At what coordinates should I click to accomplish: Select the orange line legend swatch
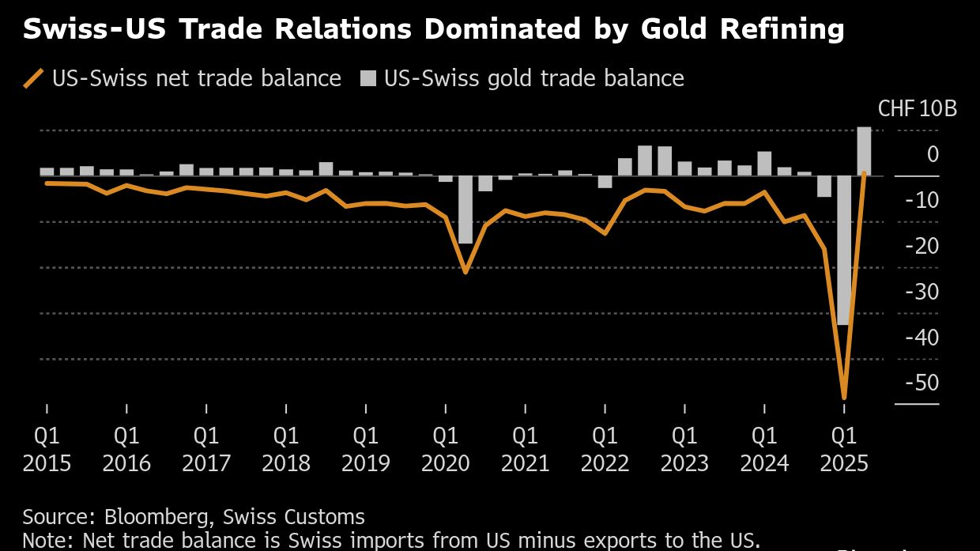(x=34, y=78)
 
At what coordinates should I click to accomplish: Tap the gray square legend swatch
(x=369, y=78)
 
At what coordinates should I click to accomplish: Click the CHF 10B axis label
(x=918, y=108)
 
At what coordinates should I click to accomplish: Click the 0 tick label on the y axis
(x=933, y=153)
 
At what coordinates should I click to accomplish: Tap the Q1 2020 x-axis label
(x=446, y=448)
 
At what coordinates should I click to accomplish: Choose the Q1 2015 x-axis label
(x=47, y=448)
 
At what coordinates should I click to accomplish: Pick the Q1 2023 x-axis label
(x=684, y=448)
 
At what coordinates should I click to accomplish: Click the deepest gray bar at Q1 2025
(x=844, y=250)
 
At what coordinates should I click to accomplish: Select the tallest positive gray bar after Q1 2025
(x=864, y=151)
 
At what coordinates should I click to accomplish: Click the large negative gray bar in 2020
(x=465, y=209)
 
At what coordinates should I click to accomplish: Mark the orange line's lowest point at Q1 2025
(x=844, y=397)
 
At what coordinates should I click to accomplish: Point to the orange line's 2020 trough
(x=465, y=271)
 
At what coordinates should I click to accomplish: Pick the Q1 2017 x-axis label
(x=206, y=448)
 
